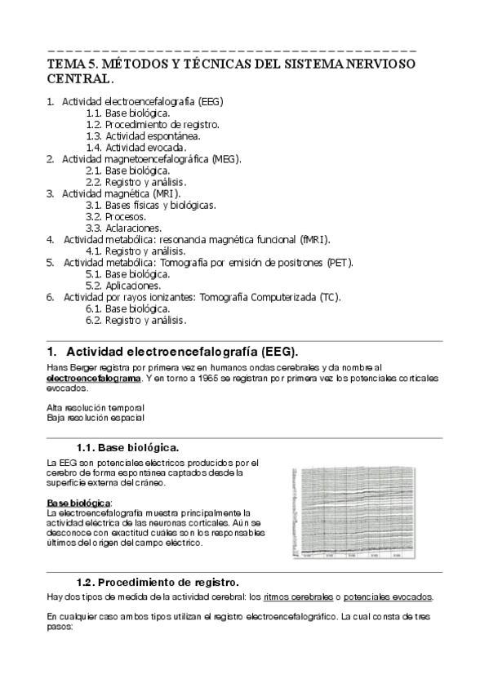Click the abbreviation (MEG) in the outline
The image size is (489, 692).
224,159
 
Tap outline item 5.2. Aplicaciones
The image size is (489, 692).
123,286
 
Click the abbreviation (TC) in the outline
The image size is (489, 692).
328,297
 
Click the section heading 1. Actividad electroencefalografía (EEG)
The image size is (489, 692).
181,352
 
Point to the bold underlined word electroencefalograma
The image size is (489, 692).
94,379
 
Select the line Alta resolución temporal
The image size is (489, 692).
96,407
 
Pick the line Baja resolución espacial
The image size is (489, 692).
96,417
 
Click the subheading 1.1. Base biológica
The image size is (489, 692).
127,448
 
